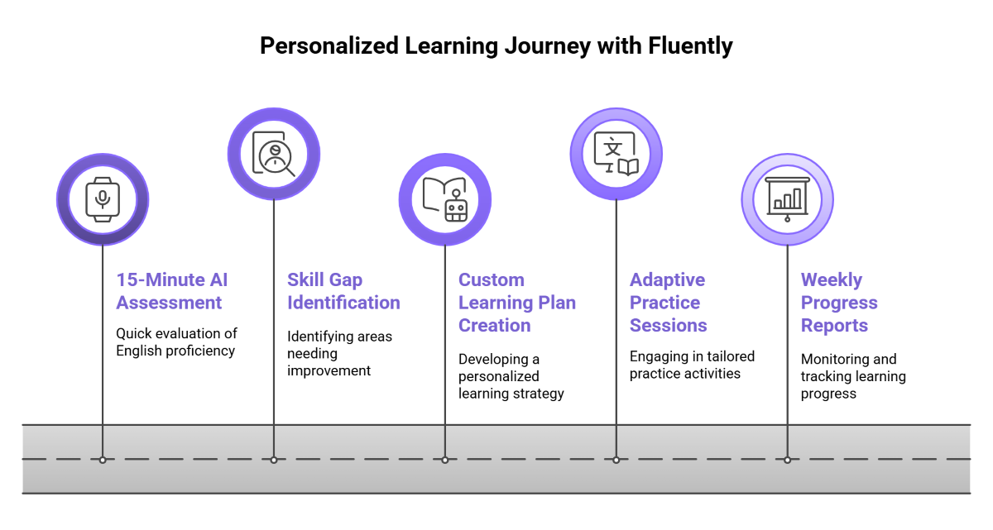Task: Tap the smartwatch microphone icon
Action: point(103,199)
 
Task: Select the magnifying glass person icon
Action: point(274,154)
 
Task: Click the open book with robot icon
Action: point(445,199)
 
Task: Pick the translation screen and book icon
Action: point(616,154)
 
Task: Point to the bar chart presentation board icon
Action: point(787,199)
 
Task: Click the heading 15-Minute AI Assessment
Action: point(172,291)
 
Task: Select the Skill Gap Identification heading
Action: point(343,291)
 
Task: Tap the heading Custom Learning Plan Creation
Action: point(517,303)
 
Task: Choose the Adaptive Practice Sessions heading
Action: point(669,303)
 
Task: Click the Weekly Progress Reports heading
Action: point(839,303)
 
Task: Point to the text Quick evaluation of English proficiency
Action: point(176,342)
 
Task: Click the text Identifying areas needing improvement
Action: point(339,353)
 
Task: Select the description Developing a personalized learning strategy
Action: point(511,376)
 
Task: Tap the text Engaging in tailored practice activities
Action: point(692,365)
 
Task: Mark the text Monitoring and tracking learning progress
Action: point(853,376)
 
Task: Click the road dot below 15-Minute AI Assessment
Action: point(103,460)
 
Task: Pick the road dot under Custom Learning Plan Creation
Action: point(445,460)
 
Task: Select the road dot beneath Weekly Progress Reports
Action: point(787,460)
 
